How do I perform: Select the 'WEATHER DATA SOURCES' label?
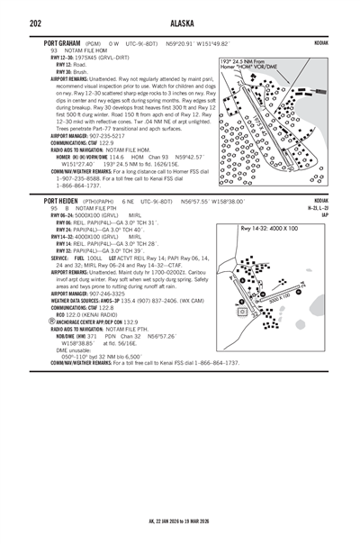[82, 300]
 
